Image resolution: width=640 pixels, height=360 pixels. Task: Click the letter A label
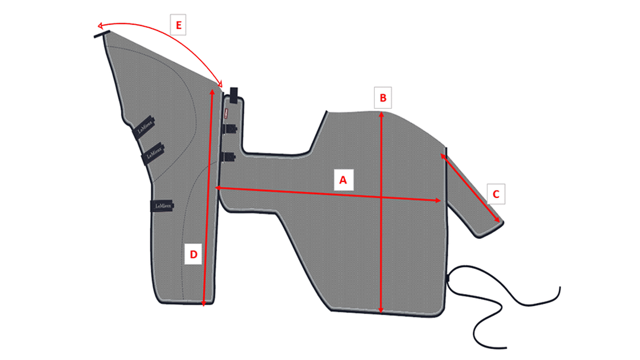tap(344, 180)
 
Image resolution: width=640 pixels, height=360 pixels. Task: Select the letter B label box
tap(383, 98)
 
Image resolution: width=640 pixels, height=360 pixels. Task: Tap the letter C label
tap(496, 194)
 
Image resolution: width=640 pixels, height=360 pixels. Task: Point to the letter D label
tap(193, 254)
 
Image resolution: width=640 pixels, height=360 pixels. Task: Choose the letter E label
tap(178, 25)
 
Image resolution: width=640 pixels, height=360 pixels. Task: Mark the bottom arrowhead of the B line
tap(381, 311)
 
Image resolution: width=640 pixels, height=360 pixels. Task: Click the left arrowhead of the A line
tap(218, 188)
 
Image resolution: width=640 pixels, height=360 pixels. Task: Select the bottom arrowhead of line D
tap(203, 304)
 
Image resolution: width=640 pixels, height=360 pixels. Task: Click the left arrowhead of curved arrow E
tap(100, 26)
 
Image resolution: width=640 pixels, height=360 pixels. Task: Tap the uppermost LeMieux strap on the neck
tap(144, 128)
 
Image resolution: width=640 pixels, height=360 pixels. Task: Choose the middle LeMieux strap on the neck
tap(153, 154)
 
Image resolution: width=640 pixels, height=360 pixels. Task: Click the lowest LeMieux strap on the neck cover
tap(162, 206)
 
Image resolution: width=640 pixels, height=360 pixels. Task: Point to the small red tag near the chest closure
tap(226, 113)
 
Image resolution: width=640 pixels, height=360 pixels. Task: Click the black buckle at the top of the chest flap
tap(233, 95)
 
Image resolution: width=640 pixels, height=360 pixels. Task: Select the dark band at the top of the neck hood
tap(102, 34)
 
